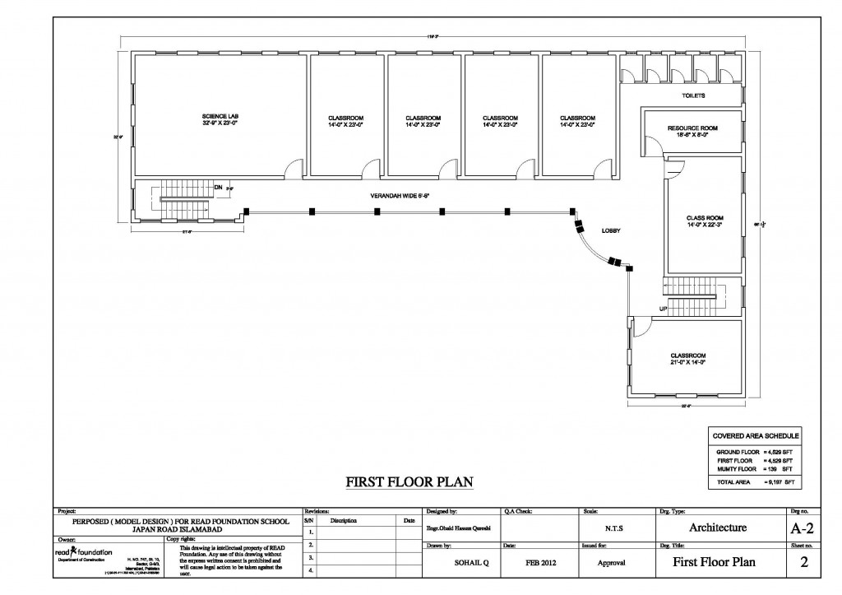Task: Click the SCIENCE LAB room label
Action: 220,120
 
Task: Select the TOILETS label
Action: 694,95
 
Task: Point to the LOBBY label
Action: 610,230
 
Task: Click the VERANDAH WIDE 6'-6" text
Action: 400,195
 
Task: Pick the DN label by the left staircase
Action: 218,187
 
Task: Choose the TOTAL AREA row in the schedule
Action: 754,480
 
